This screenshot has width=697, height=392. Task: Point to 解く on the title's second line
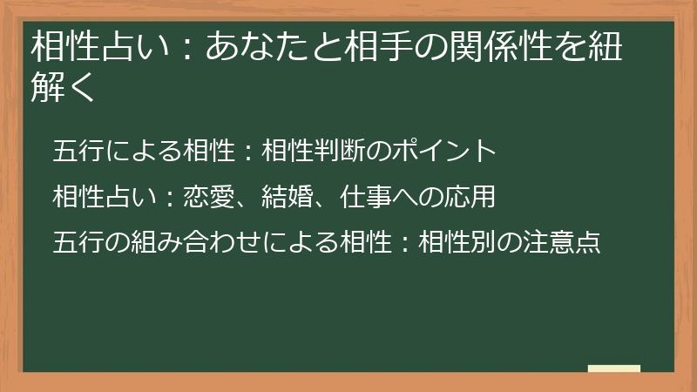point(62,88)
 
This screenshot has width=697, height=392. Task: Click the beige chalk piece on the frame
point(614,369)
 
